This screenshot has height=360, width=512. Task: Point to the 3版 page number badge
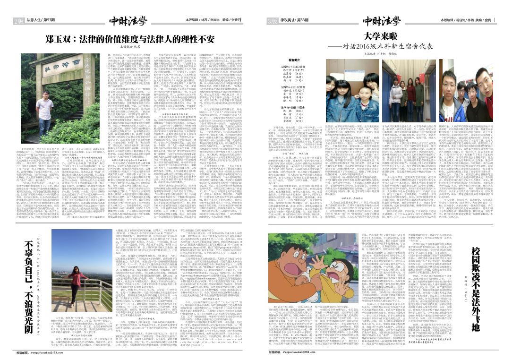point(273,21)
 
